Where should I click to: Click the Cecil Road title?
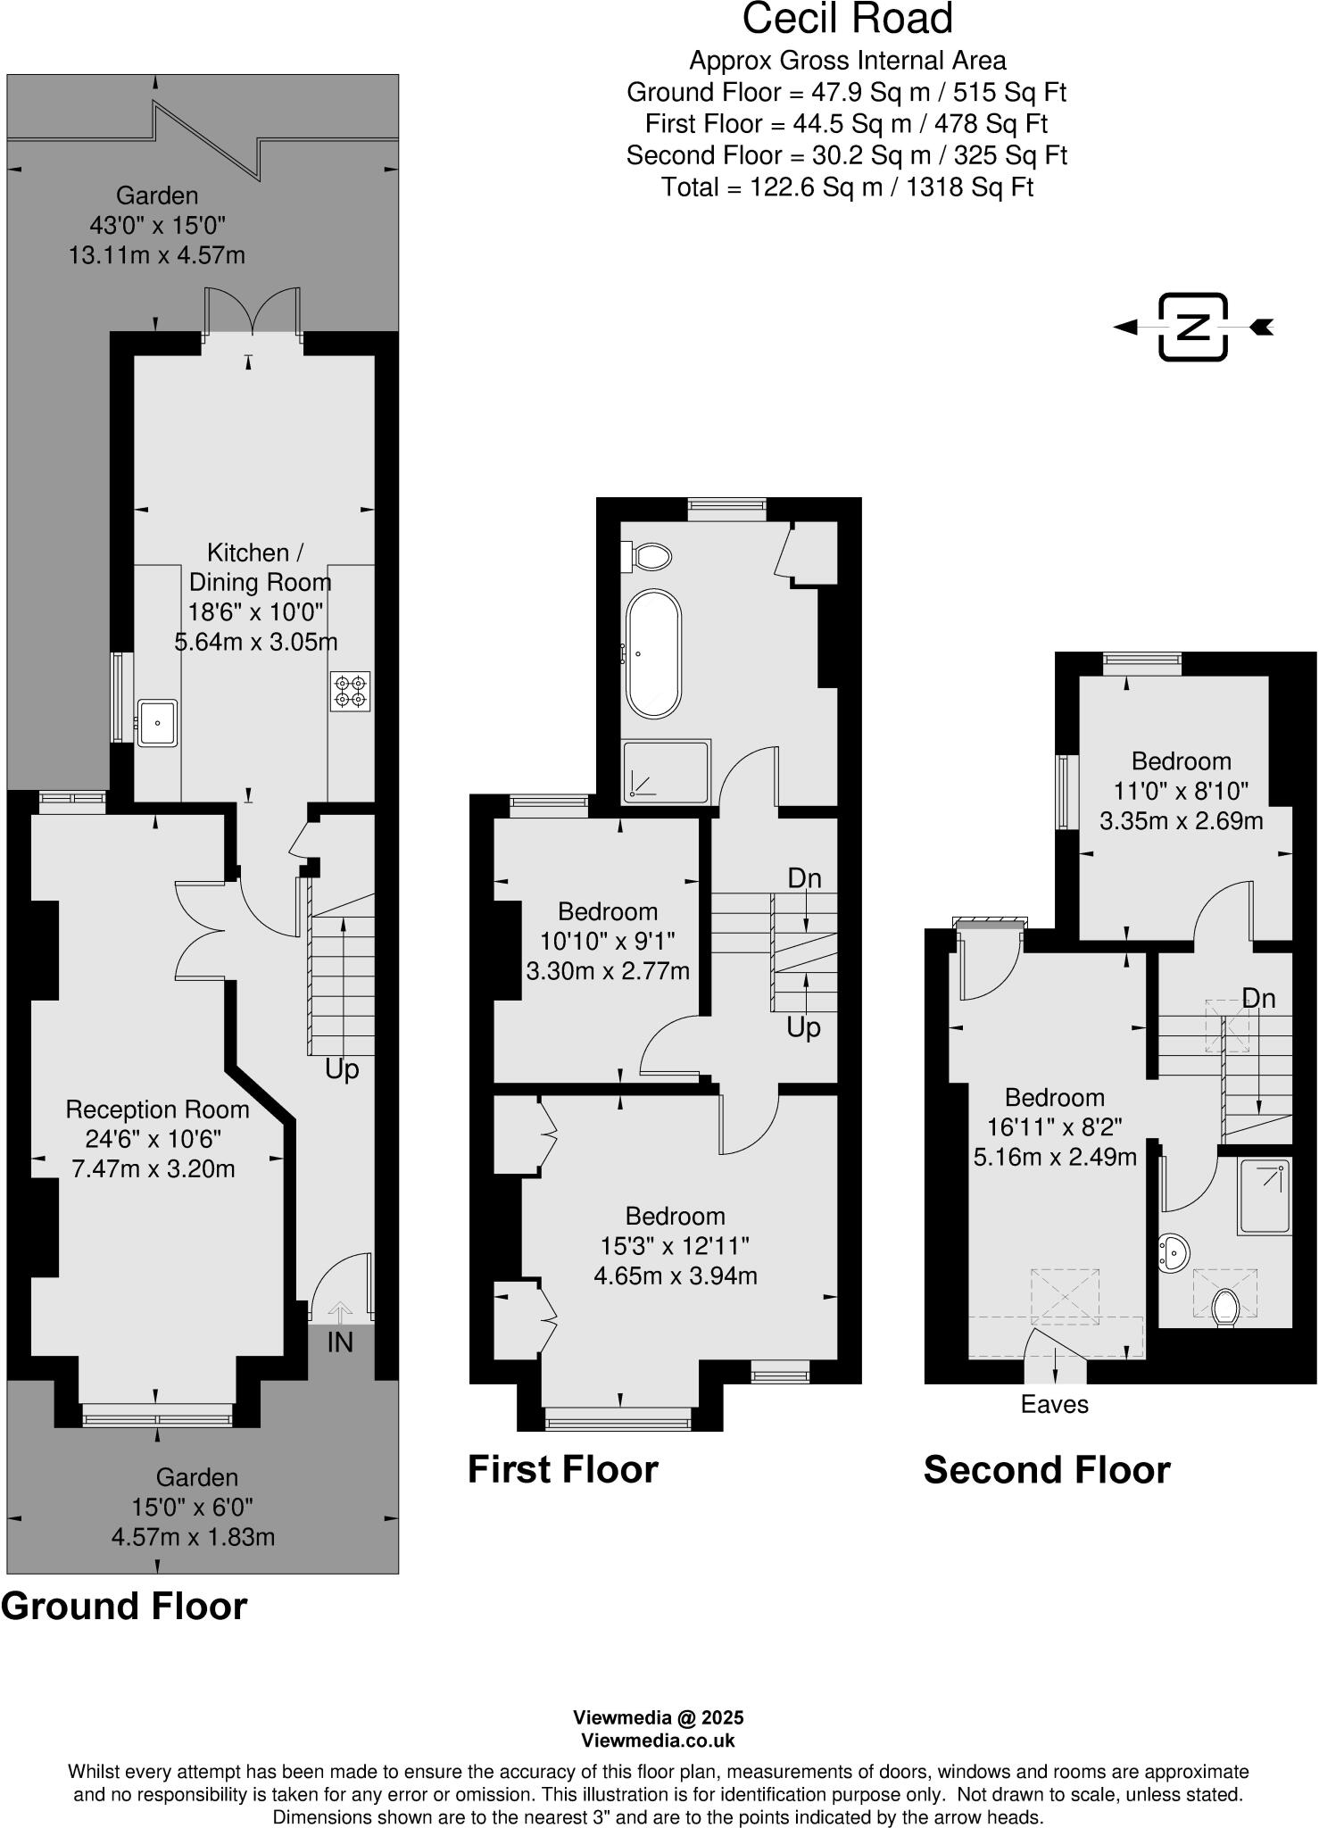[x=847, y=19]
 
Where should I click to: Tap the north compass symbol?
[x=1193, y=327]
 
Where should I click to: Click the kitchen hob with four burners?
[x=350, y=691]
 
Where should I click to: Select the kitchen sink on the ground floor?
[x=157, y=722]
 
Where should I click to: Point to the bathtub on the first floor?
[x=653, y=653]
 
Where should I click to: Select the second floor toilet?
[x=1226, y=1309]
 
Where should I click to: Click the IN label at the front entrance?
[x=340, y=1342]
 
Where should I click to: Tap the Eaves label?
[x=1054, y=1405]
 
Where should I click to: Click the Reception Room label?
[x=157, y=1109]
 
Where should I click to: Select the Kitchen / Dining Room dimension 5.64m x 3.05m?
[x=256, y=642]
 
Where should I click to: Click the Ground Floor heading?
[x=124, y=1606]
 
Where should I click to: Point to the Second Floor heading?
[x=1046, y=1470]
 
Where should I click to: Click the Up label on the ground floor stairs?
[x=341, y=1068]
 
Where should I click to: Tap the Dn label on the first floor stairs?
[x=804, y=878]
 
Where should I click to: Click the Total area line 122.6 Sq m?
[x=847, y=187]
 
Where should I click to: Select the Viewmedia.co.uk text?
[x=659, y=1741]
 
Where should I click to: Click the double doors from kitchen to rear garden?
[x=253, y=312]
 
